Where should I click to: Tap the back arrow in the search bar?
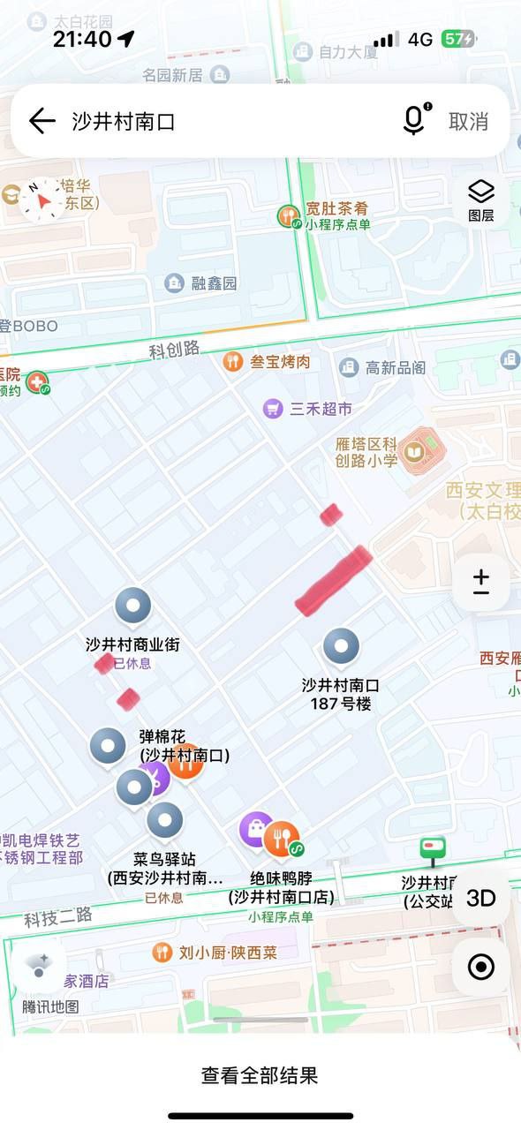(42, 121)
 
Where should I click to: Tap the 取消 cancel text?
(468, 122)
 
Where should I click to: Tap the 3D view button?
(480, 898)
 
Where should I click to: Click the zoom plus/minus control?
(480, 582)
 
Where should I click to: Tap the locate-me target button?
(480, 967)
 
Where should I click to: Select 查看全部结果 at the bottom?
(260, 1075)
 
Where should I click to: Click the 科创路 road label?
(174, 350)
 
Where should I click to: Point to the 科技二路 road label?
(58, 917)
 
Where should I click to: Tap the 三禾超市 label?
(320, 409)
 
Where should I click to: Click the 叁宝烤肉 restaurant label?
(279, 362)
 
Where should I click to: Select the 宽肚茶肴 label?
(336, 210)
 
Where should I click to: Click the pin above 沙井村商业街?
(133, 606)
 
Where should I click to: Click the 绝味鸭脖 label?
(281, 878)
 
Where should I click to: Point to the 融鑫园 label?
(214, 283)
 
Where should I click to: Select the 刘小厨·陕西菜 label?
(227, 953)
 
